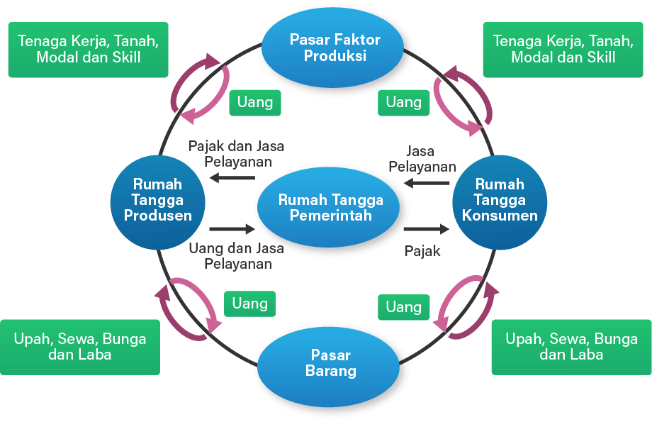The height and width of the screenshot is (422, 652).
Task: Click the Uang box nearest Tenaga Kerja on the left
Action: point(255,102)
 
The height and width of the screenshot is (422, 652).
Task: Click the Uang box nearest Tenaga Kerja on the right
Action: point(403,102)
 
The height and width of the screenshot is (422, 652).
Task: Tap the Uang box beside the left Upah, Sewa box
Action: point(249,304)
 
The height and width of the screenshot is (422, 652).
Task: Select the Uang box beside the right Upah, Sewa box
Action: point(403,306)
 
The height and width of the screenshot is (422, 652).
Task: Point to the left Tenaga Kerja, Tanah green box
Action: point(89,49)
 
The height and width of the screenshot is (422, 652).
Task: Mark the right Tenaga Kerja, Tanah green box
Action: point(563,49)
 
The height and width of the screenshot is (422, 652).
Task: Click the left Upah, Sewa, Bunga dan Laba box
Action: point(80,346)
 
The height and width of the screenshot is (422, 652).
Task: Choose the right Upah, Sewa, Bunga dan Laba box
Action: point(571,346)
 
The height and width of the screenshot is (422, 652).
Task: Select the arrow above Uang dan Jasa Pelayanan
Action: point(231,229)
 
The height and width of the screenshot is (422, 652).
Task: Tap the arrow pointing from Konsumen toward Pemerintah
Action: point(427,183)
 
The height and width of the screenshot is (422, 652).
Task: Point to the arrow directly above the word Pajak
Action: point(427,229)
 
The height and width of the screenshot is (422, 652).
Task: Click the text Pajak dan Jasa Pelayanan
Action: point(236,153)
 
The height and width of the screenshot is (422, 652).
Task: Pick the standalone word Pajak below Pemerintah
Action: point(422,250)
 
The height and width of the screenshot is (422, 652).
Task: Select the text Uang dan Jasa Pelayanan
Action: point(236,256)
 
